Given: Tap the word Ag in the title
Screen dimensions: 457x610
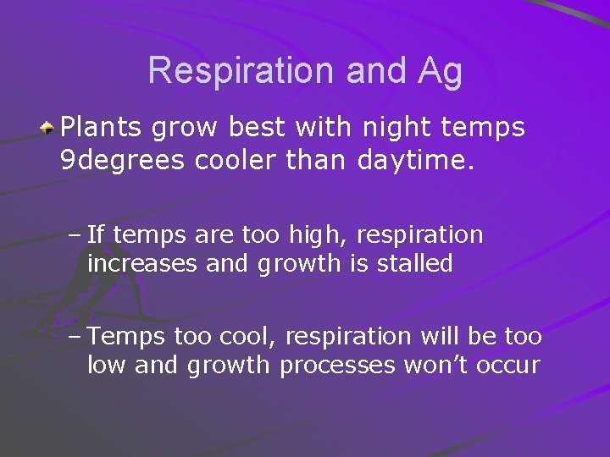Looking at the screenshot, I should pyautogui.click(x=440, y=71).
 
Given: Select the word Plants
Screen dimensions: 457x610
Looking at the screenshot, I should pyautogui.click(x=103, y=128).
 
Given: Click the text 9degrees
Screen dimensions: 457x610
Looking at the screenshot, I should pyautogui.click(x=124, y=158).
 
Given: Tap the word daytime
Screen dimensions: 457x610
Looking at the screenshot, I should pyautogui.click(x=416, y=158).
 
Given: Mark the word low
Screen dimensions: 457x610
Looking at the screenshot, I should pyautogui.click(x=104, y=366).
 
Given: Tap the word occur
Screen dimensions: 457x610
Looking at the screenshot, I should pyautogui.click(x=508, y=366).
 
